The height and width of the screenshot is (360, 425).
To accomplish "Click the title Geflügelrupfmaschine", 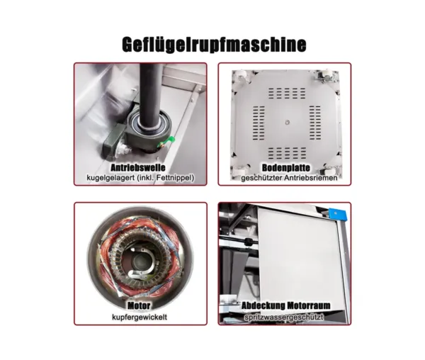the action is point(214,44).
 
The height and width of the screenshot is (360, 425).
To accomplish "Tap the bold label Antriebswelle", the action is point(138,167).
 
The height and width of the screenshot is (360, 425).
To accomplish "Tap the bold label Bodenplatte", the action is point(286,168).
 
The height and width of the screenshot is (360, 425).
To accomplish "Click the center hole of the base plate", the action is point(288,123).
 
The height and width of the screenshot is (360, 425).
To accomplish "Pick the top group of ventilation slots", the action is point(287,93).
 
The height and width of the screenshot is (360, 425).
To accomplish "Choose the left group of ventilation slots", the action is point(259,123).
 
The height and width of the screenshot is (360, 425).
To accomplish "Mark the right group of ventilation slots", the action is point(315,123).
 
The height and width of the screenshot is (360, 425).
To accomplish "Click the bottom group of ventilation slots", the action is point(287,153).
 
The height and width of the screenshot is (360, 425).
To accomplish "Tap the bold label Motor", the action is point(139,305).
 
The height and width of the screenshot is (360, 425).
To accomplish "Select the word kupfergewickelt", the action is point(140,317).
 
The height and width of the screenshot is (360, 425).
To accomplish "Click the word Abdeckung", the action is point(263,305).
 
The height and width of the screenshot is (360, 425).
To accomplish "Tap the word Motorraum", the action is point(309,305).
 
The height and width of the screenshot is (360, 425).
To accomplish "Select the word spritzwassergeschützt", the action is point(284,317).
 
